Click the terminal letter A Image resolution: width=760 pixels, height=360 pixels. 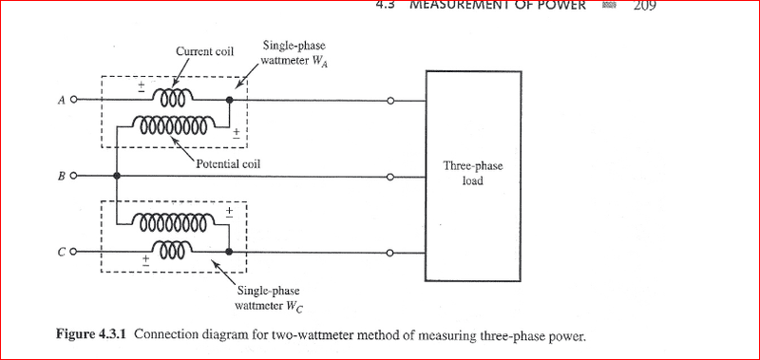(x=61, y=99)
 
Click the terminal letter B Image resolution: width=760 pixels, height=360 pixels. (x=61, y=177)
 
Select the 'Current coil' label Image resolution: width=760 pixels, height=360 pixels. (x=204, y=51)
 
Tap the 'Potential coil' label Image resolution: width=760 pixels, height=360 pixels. (x=228, y=163)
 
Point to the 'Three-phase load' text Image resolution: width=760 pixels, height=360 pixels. (x=473, y=172)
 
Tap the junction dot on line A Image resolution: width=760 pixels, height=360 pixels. (x=229, y=99)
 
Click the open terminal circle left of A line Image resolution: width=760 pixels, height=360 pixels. (x=75, y=99)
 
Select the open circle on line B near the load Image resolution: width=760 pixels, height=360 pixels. (x=390, y=177)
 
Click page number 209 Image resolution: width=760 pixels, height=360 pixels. (x=644, y=5)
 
